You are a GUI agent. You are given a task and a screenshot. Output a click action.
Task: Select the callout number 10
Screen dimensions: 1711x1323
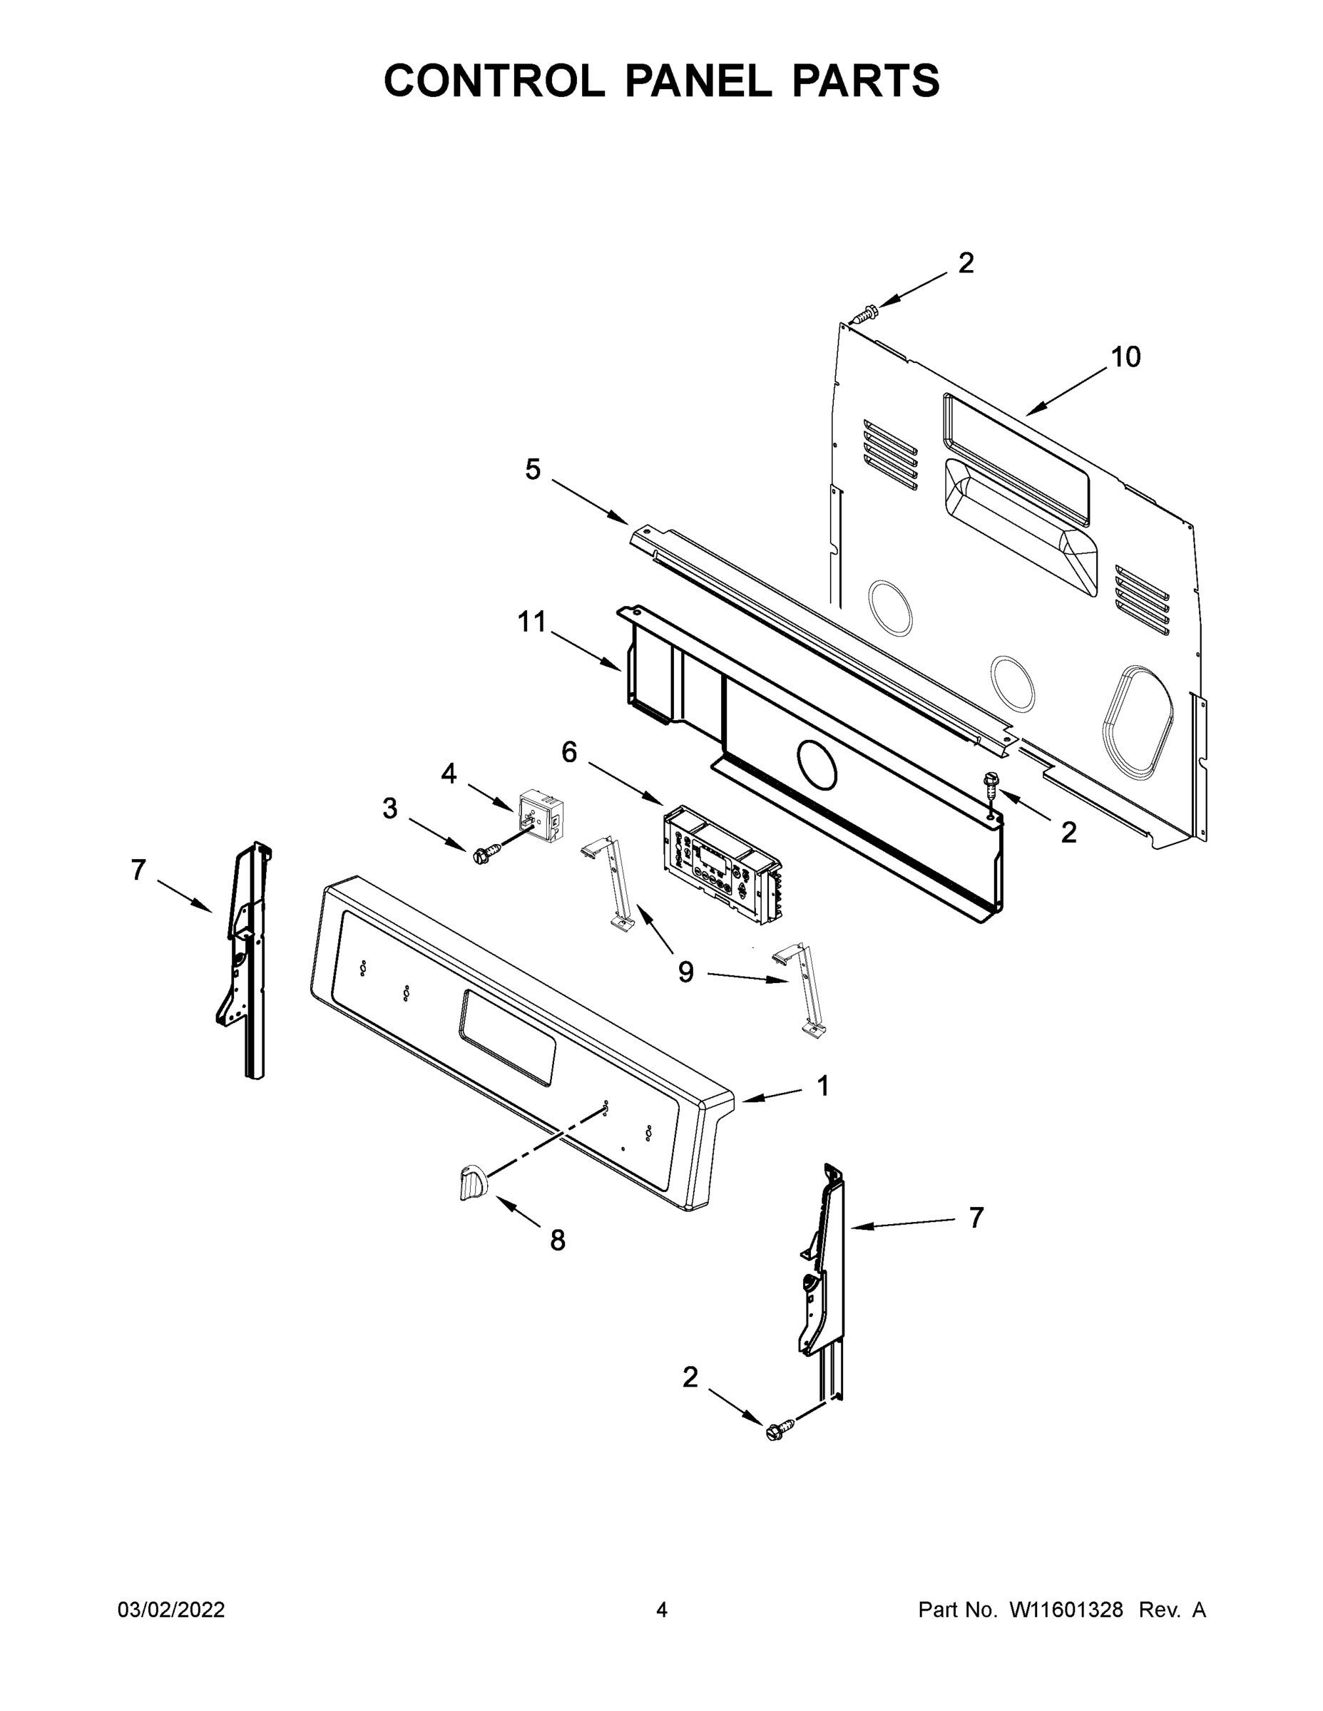1125,357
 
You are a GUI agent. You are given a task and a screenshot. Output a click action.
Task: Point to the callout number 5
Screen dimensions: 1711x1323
533,470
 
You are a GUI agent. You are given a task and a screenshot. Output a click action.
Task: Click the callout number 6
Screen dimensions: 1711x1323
569,752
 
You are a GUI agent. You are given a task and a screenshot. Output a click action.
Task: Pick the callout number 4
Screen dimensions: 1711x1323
449,774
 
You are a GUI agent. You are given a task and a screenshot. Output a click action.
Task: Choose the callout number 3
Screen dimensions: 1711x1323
389,808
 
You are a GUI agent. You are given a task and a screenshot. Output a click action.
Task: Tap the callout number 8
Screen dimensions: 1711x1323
557,1240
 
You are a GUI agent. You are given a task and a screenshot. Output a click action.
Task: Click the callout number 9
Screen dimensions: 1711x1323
686,972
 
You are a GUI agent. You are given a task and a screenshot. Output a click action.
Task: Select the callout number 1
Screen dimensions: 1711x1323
823,1086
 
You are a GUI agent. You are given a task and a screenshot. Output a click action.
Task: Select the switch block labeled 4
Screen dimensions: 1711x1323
540,816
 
